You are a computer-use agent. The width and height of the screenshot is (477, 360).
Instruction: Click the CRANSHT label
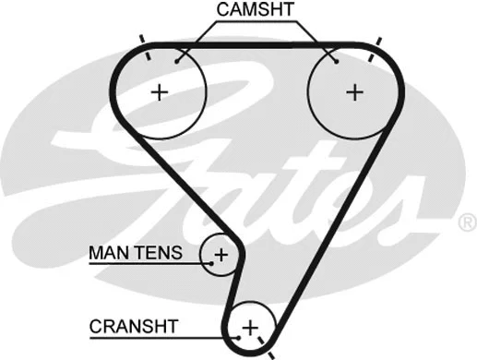pyautogui.click(x=135, y=326)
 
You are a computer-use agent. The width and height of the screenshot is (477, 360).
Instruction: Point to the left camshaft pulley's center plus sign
pyautogui.click(x=161, y=91)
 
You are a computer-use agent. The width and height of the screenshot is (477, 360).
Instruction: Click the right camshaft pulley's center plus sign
pyautogui.click(x=354, y=91)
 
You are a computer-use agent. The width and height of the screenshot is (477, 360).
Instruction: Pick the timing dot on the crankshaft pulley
pyautogui.click(x=238, y=338)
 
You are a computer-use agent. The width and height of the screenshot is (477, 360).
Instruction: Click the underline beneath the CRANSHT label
pyautogui.click(x=157, y=338)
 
